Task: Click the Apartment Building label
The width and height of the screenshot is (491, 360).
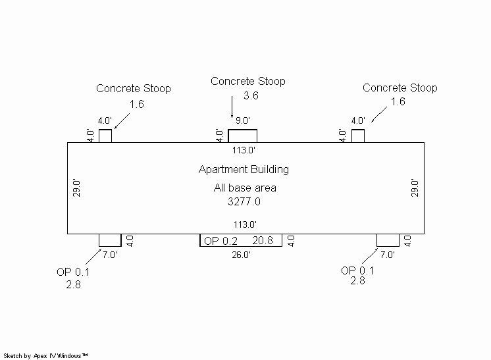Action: click(244, 170)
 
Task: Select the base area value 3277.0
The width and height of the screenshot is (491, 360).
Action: click(244, 202)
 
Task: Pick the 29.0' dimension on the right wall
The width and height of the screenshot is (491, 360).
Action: click(415, 188)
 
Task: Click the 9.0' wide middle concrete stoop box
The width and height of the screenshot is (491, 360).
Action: click(242, 136)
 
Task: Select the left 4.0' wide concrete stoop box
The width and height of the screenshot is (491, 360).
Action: click(105, 136)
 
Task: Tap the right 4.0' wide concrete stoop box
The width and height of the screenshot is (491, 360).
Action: click(358, 136)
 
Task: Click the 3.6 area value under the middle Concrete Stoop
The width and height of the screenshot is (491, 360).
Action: click(250, 96)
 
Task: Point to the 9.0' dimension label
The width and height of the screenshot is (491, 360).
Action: click(242, 121)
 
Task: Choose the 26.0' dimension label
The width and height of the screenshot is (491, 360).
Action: click(241, 255)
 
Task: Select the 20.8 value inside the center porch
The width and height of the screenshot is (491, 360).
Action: click(263, 242)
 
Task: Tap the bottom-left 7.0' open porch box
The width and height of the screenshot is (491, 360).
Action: click(110, 240)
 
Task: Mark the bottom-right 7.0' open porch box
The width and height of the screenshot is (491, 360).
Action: click(388, 240)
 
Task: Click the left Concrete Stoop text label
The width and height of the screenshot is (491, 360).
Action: click(134, 88)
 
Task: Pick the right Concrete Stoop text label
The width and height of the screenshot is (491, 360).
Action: click(400, 88)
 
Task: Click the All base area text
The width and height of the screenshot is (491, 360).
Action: click(245, 188)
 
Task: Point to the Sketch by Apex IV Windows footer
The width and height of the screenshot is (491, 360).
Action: click(46, 355)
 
